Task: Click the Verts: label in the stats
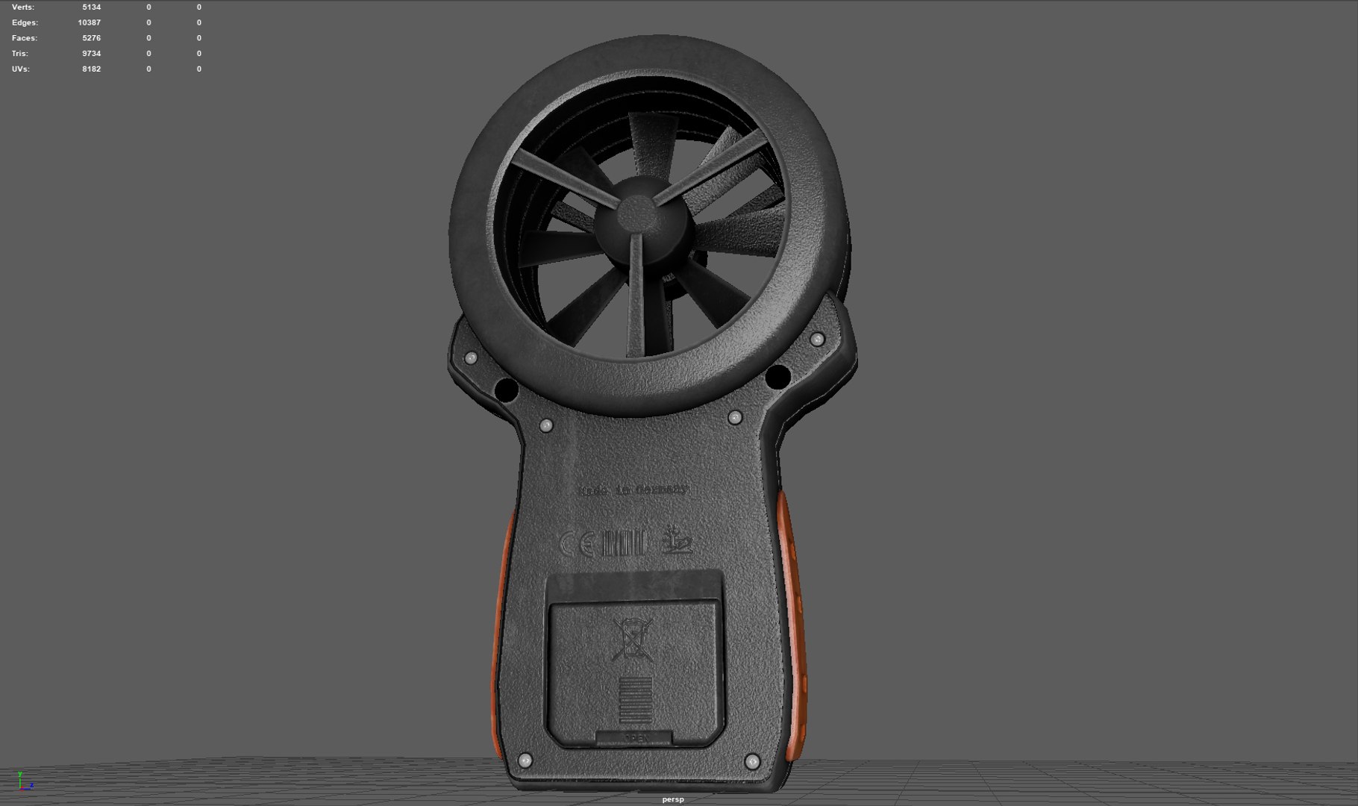(x=23, y=7)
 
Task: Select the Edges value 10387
(x=89, y=23)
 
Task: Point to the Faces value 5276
(x=91, y=38)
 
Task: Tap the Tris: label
(x=20, y=54)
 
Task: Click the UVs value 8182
(x=91, y=69)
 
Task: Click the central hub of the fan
(x=636, y=216)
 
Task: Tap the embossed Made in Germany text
(x=633, y=490)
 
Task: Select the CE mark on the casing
(x=576, y=544)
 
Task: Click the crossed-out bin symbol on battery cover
(x=632, y=640)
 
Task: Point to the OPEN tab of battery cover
(x=635, y=737)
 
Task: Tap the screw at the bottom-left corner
(x=525, y=760)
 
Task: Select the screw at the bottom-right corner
(x=752, y=762)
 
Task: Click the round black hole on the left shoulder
(x=507, y=390)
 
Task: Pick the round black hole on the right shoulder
(x=777, y=377)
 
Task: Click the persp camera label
(x=672, y=799)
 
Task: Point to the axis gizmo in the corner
(x=24, y=781)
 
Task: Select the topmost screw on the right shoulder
(x=817, y=340)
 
